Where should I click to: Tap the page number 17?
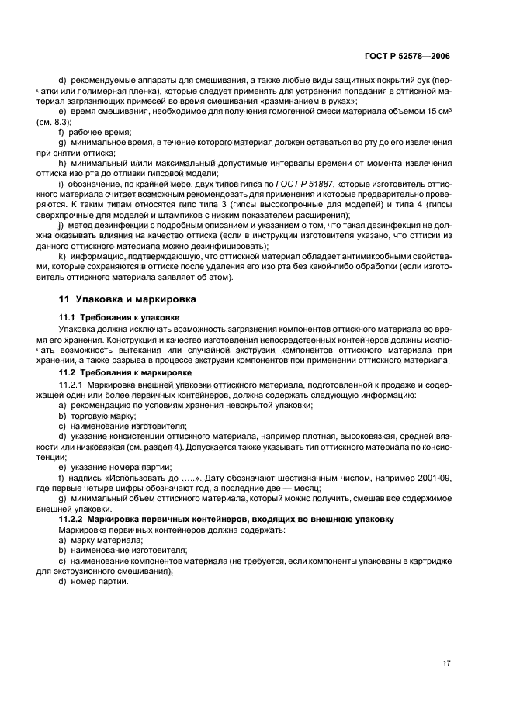pyautogui.click(x=445, y=664)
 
